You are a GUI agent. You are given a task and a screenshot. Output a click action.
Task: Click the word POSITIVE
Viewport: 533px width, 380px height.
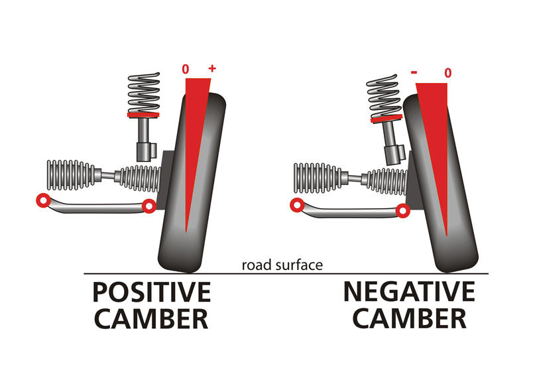pos(151,292)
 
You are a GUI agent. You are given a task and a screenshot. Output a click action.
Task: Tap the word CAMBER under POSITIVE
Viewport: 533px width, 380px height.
pos(151,319)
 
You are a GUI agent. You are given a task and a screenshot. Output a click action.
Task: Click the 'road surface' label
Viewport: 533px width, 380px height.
pos(282,265)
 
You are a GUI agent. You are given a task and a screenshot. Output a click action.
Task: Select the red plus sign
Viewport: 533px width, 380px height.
pos(212,68)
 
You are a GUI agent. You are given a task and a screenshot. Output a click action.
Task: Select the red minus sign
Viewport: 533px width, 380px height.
pos(413,72)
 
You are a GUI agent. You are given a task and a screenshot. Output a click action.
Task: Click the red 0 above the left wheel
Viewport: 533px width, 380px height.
pos(186,69)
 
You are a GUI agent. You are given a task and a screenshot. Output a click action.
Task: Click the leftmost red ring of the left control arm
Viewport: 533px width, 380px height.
pos(43,200)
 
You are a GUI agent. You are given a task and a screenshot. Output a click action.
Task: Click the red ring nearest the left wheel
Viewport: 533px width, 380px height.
pos(149,207)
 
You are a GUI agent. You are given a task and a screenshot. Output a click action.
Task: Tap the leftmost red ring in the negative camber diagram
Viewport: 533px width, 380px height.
pos(296,204)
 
